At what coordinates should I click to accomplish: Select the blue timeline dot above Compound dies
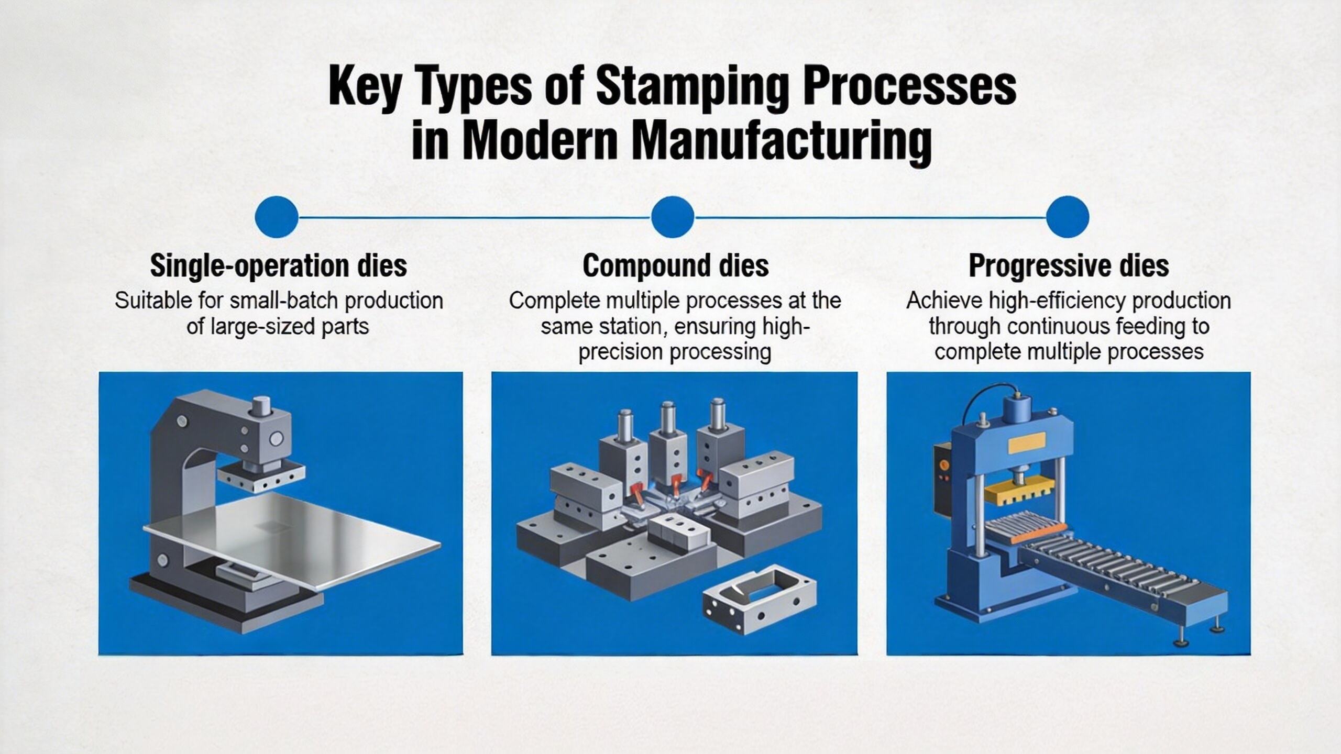tap(673, 217)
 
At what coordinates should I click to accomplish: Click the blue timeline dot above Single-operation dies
tap(277, 217)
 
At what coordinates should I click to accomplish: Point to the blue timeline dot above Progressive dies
tap(1068, 217)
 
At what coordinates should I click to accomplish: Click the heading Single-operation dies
tap(278, 266)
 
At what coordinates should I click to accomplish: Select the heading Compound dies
tap(675, 266)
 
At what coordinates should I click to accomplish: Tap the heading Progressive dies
tap(1068, 266)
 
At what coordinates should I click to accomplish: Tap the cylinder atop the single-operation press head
tap(260, 406)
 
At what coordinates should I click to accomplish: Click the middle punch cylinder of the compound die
tap(667, 419)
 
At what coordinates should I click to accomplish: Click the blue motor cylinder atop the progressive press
tap(1018, 409)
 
